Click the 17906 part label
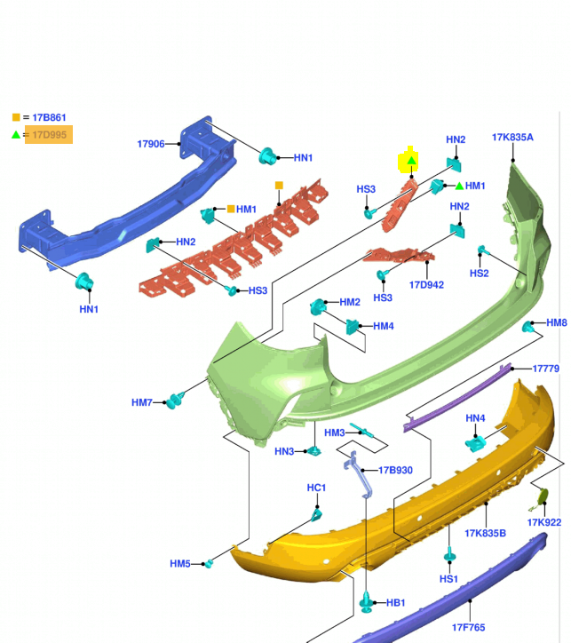point(151,144)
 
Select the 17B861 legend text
point(49,118)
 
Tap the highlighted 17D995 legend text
point(49,135)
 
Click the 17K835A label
point(512,138)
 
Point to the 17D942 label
point(426,285)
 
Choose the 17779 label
point(545,369)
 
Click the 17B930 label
point(395,471)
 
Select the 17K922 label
point(544,522)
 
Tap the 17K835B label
point(485,533)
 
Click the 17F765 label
point(468,627)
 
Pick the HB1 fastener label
point(395,603)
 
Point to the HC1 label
point(316,488)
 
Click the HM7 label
point(142,402)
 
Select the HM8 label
point(557,322)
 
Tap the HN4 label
point(475,418)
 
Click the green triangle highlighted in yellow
point(411,161)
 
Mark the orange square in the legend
point(16,117)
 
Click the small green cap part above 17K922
point(541,498)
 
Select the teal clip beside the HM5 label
point(209,564)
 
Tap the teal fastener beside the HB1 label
point(367,602)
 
